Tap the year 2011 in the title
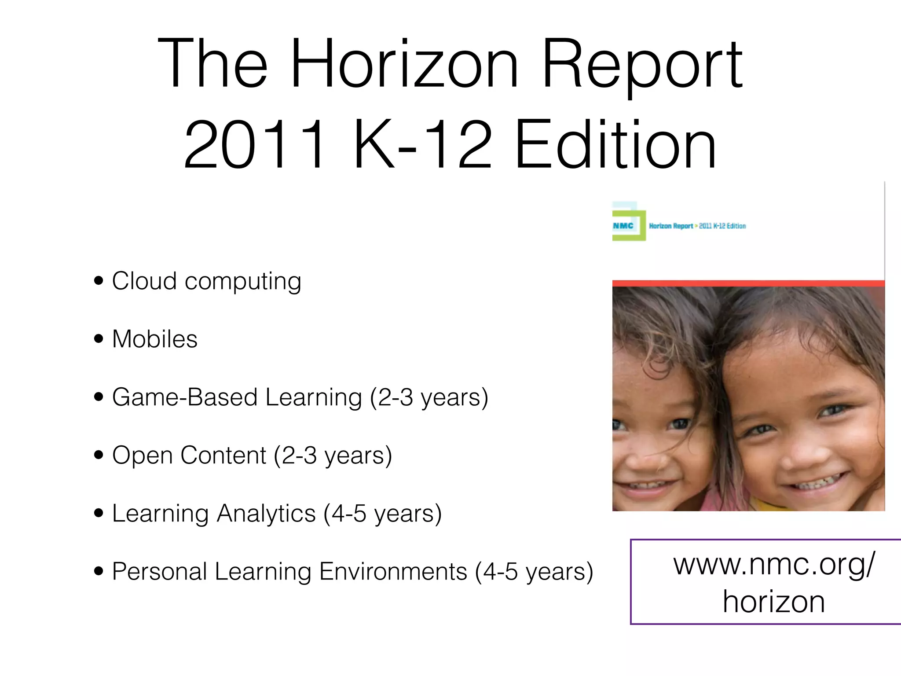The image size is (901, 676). point(255,145)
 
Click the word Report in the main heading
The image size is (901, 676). point(642,64)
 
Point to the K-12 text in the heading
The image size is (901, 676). point(422,145)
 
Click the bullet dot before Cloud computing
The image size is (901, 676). point(99,281)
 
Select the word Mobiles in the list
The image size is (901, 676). point(155,339)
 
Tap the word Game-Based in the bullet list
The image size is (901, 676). point(185,397)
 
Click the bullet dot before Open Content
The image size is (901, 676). point(99,455)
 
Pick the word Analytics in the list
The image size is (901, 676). point(267,513)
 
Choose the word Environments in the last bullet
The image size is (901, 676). point(393,571)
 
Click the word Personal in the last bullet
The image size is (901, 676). point(159,571)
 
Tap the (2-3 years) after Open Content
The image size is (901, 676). point(333,455)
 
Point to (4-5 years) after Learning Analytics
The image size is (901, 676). point(382,513)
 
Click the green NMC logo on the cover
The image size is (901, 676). point(628,225)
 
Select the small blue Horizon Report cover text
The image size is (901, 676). point(671,226)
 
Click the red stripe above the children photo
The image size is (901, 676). point(748,283)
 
